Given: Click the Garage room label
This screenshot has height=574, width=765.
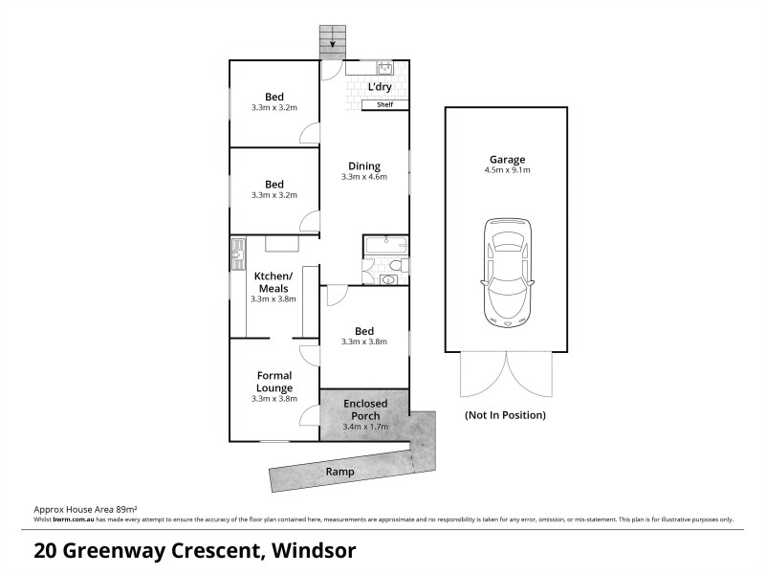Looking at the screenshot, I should [x=506, y=160].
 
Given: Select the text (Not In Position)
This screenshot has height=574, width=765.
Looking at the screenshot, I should [x=505, y=415].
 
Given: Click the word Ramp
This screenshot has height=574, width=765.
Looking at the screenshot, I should [x=339, y=472].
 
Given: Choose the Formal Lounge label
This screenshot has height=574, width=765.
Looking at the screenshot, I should [x=273, y=382].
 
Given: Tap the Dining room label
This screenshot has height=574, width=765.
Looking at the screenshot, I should [x=364, y=165].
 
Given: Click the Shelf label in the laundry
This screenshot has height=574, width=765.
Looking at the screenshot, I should [x=385, y=105].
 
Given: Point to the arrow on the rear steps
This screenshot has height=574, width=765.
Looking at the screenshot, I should [x=334, y=41].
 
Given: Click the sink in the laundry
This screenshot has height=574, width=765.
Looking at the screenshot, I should [x=385, y=67].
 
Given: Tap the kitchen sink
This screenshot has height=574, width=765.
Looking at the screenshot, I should [x=236, y=255].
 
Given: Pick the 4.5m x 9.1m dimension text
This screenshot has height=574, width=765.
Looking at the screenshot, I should [x=506, y=171].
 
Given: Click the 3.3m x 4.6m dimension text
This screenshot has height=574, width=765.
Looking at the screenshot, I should [x=364, y=177].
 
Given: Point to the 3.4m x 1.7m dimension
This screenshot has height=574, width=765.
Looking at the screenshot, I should [x=365, y=428].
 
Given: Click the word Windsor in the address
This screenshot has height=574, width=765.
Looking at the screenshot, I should [x=315, y=551].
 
